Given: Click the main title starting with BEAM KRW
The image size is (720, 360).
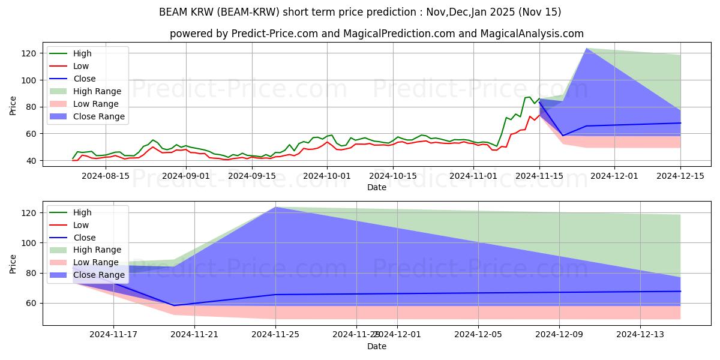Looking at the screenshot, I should pos(360,12).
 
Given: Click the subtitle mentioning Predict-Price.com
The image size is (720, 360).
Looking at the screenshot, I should pos(376,34).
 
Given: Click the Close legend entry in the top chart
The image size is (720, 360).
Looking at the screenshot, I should pos(84,79).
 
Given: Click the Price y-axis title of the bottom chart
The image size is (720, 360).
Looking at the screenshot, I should pos(13,263).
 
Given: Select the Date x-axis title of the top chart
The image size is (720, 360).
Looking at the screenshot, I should pos(376,187).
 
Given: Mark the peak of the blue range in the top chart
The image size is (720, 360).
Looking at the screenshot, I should pos(586,49).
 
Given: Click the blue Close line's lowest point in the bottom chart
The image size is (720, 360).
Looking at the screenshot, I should pos(174,305).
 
